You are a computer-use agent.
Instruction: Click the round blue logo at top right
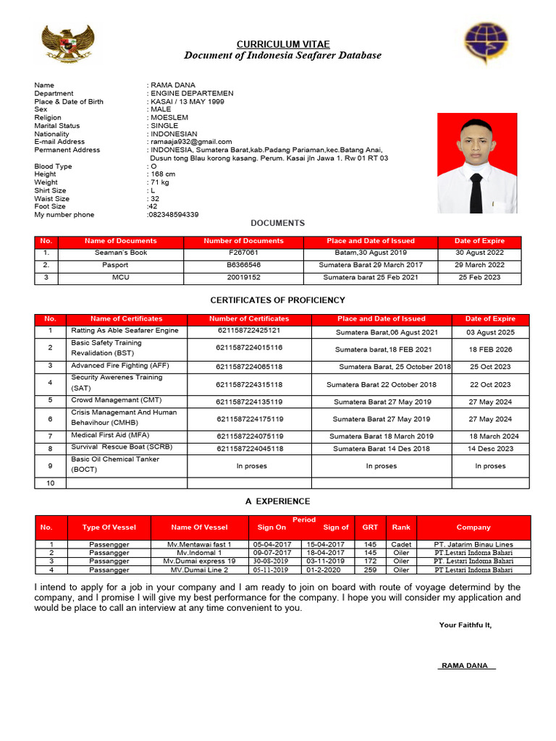(x=486, y=43)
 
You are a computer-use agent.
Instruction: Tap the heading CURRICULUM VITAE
(x=282, y=44)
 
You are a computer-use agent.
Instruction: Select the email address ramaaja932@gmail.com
(x=191, y=142)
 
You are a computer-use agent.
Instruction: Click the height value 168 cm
(x=162, y=174)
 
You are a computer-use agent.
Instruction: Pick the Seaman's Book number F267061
(x=243, y=253)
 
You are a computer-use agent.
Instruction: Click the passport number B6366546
(x=243, y=265)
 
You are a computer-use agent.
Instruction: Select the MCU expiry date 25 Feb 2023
(x=479, y=277)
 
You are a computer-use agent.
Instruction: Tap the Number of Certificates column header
(x=249, y=318)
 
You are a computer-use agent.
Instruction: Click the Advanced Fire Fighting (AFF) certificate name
(x=119, y=366)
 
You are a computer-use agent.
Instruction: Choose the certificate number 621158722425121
(x=249, y=331)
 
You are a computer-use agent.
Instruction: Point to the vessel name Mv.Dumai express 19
(x=199, y=561)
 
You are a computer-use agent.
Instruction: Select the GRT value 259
(x=370, y=570)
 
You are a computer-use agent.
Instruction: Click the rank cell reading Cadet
(x=401, y=544)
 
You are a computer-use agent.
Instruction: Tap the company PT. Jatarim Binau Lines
(x=473, y=544)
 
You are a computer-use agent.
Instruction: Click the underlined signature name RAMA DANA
(x=465, y=666)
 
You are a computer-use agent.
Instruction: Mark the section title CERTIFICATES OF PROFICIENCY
(x=277, y=300)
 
